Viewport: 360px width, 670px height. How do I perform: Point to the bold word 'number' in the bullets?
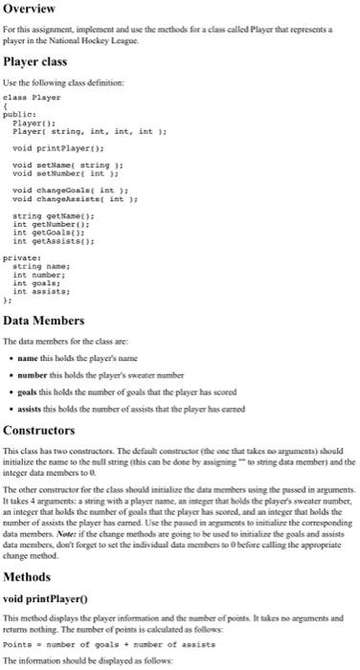coord(58,375)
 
